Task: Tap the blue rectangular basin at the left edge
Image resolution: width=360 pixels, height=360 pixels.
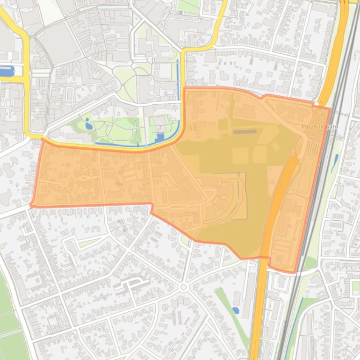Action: click(7, 72)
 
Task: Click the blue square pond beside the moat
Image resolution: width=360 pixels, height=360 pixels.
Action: click(159, 138)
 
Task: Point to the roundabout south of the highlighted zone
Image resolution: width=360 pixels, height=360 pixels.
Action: click(183, 287)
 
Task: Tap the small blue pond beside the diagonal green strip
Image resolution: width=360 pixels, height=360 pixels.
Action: click(236, 310)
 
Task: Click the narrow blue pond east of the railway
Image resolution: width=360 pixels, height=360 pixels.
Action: click(335, 163)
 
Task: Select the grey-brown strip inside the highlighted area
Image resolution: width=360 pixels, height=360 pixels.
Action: click(245, 132)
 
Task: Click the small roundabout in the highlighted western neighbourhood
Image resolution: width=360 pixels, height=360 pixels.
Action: click(63, 182)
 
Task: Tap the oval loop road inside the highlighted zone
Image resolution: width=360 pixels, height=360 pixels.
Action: click(85, 178)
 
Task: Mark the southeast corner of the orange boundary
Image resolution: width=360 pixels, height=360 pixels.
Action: click(294, 272)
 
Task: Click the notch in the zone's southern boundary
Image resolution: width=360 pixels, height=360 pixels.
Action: click(152, 209)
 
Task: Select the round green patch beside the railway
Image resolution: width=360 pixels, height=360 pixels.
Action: click(310, 263)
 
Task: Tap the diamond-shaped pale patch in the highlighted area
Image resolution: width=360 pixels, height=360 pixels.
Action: click(275, 146)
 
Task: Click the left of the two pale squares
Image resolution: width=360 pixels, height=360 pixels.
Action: click(240, 156)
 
